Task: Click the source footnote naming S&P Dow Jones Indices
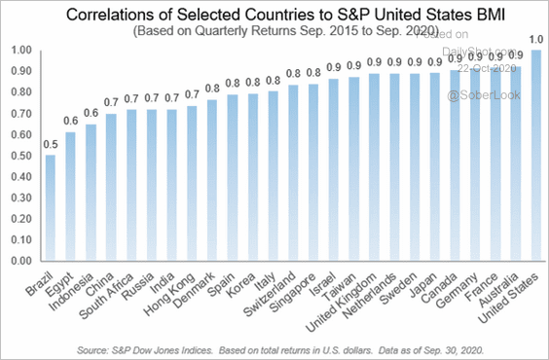pos(274,346)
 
